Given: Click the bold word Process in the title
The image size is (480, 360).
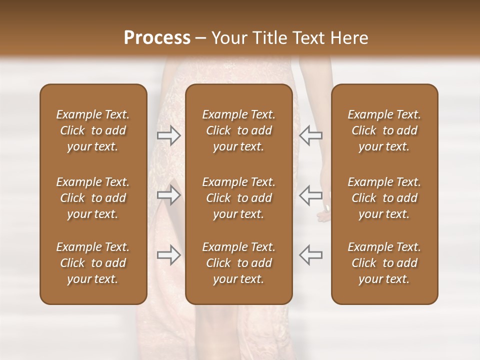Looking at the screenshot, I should [x=157, y=38].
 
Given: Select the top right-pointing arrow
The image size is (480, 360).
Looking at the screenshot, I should [x=169, y=135].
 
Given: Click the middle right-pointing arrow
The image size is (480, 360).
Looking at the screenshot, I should [x=169, y=194].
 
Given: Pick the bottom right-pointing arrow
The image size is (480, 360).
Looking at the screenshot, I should [x=169, y=255].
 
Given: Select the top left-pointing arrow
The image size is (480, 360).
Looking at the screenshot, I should [x=310, y=135].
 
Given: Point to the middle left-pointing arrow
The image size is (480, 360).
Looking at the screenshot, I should [x=310, y=194].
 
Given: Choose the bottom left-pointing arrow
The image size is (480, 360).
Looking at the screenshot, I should [x=310, y=255].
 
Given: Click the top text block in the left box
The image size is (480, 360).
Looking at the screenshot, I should [x=93, y=130].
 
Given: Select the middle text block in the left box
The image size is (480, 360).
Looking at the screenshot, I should [x=93, y=198].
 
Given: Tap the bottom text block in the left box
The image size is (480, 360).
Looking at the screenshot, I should [x=93, y=263].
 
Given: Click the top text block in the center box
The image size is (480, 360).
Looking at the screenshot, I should [x=238, y=130].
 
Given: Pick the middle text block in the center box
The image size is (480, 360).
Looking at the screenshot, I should [x=238, y=198].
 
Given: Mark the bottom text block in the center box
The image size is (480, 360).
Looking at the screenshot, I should [x=238, y=263].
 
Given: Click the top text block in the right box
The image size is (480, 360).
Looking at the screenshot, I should [x=384, y=130].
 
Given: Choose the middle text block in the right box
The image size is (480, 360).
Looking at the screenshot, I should [x=384, y=198].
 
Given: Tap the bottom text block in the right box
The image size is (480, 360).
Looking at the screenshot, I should [x=384, y=263].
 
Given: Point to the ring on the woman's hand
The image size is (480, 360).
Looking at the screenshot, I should [x=327, y=207].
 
